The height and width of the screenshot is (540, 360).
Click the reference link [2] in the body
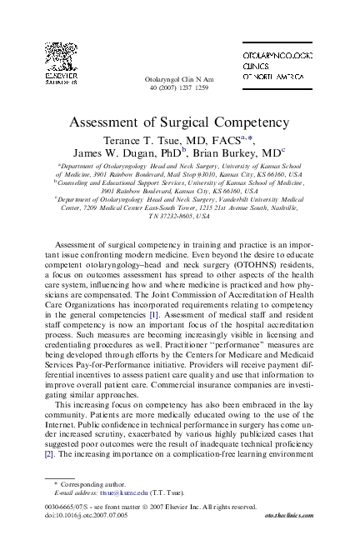(x=49, y=455)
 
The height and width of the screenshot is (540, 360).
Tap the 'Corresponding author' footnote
(x=87, y=483)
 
